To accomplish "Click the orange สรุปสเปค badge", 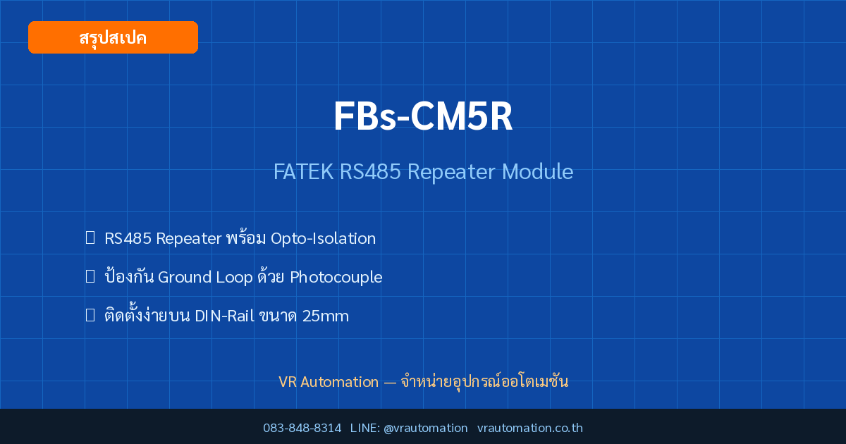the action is [113, 37].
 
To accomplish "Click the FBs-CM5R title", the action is [423, 116].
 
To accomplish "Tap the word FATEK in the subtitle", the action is [303, 172].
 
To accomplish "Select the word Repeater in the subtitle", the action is [451, 173].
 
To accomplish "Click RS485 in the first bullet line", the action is [128, 239].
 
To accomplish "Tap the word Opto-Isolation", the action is [324, 239].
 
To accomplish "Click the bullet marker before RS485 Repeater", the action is [90, 238].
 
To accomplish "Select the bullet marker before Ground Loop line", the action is [90, 276].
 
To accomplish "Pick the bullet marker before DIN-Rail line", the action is [90, 315].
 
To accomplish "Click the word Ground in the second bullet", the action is [185, 277].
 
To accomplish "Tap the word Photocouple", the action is [336, 277].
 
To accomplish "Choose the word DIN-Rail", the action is [225, 316].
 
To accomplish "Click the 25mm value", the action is [326, 316].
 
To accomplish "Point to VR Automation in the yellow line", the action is [329, 382].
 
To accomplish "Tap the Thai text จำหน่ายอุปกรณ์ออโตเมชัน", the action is [484, 381].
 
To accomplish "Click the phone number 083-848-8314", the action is [302, 428].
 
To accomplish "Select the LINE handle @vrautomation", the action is [426, 428].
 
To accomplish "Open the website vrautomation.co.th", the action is [530, 428].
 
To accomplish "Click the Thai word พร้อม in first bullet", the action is [246, 238].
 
